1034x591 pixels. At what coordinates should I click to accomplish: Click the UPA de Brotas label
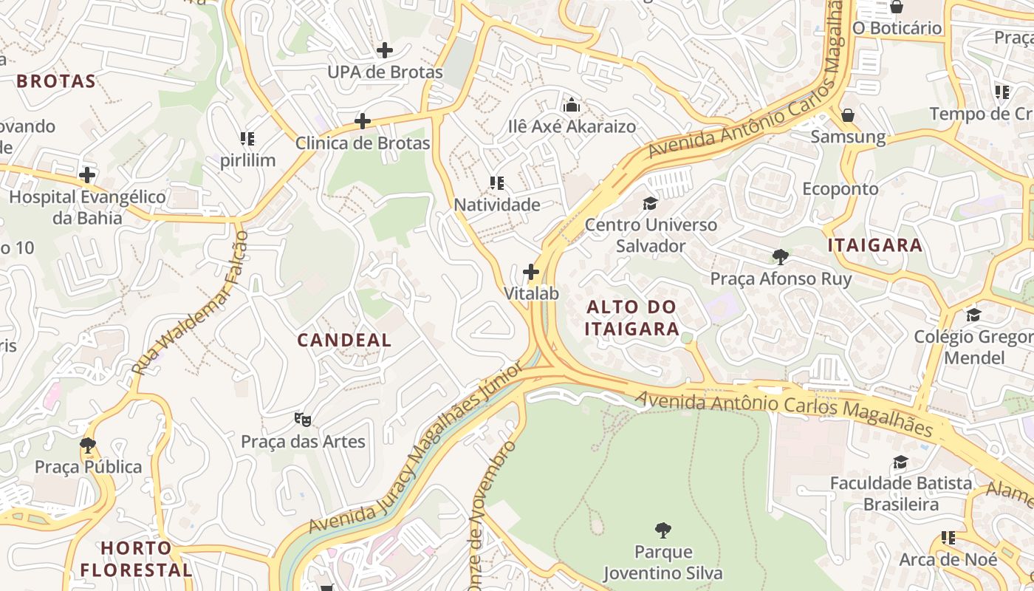point(385,72)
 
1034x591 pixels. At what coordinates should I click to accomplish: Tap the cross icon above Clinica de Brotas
point(363,121)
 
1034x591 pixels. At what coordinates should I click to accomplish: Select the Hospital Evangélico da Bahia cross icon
point(87,175)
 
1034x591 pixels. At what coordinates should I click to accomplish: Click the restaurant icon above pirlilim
point(247,138)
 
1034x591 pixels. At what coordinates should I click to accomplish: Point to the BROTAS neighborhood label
point(56,81)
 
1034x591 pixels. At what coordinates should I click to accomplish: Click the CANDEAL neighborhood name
point(344,341)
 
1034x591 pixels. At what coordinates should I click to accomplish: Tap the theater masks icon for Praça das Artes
point(303,420)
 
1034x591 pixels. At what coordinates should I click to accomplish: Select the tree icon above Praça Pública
point(88,445)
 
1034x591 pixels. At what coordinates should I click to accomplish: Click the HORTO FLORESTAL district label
point(136,559)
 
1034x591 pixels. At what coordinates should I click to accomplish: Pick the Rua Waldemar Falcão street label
point(191,303)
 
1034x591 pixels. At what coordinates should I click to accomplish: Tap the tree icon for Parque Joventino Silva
point(663,530)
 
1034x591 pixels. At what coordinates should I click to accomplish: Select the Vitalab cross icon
point(531,272)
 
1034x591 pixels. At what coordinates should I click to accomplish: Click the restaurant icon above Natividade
point(497,182)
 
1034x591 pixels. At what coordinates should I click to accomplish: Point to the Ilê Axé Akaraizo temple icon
point(572,105)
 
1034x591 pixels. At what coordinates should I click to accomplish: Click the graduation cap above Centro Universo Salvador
point(650,202)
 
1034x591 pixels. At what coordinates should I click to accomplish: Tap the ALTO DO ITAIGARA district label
point(631,318)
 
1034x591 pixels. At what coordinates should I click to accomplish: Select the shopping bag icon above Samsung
point(848,115)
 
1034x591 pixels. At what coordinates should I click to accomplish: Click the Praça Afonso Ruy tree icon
point(781,257)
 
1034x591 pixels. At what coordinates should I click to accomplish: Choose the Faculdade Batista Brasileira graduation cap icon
point(900,462)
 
